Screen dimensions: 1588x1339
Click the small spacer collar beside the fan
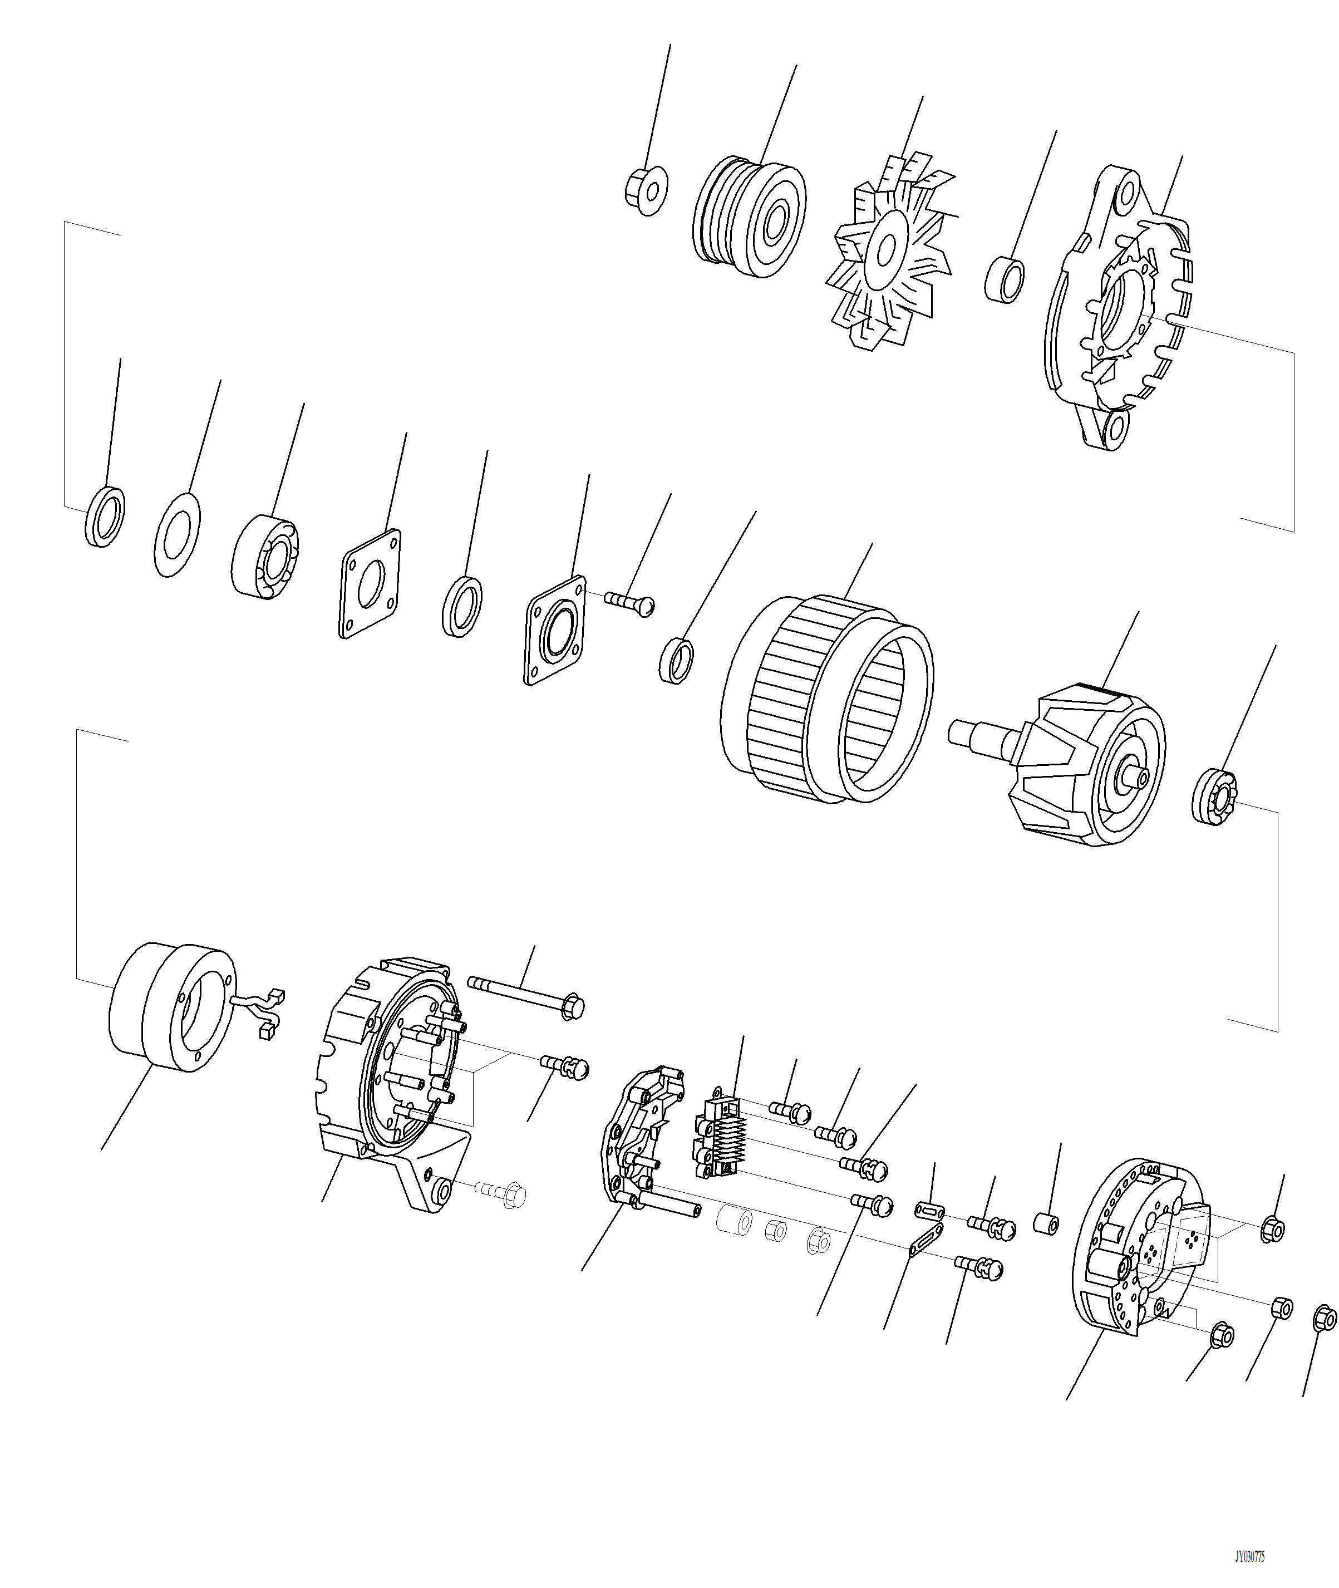pyautogui.click(x=1007, y=280)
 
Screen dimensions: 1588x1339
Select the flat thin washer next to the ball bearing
pyautogui.click(x=177, y=534)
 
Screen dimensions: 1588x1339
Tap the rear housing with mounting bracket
pyautogui.click(x=387, y=1085)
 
